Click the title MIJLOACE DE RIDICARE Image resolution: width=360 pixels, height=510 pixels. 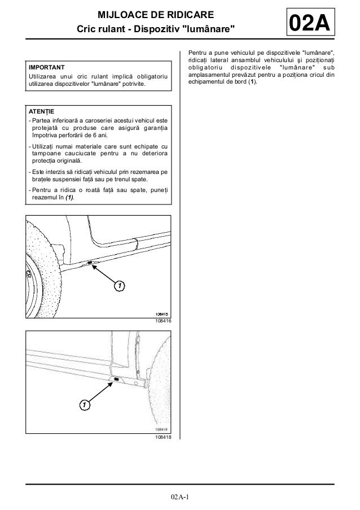click(x=155, y=14)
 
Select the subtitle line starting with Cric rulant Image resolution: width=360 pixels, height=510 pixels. click(x=155, y=28)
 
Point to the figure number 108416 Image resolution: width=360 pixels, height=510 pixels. click(x=163, y=320)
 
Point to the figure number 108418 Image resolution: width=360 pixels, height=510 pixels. click(x=163, y=436)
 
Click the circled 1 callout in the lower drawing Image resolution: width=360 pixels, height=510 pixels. click(x=83, y=405)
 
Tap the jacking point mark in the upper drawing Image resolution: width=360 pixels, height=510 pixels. click(x=90, y=263)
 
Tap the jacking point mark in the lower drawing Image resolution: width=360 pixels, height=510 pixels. click(x=116, y=380)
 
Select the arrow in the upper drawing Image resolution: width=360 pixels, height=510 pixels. click(x=104, y=274)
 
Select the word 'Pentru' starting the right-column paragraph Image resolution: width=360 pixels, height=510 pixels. click(x=197, y=54)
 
